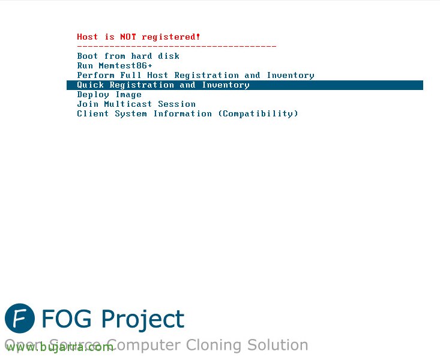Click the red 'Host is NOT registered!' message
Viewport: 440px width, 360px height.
pos(138,37)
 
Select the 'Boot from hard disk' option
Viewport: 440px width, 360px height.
pos(128,56)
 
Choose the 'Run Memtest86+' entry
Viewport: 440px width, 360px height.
pos(115,65)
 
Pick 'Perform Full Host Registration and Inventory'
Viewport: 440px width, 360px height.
pos(196,75)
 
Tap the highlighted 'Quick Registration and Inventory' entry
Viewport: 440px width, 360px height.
pos(163,85)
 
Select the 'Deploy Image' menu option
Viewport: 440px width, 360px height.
pos(109,95)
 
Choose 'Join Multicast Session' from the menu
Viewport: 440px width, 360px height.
pos(136,104)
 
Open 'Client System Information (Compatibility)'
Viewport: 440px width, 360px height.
pos(187,113)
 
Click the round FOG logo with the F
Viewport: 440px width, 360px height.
pos(20,318)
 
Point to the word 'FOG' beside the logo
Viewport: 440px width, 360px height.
pos(67,319)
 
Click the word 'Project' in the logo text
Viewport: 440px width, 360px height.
pos(142,320)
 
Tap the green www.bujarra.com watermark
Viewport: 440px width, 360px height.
pos(60,347)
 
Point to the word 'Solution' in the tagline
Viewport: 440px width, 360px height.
pos(277,345)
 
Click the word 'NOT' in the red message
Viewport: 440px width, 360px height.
pos(128,37)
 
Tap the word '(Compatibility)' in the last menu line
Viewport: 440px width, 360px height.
pos(258,113)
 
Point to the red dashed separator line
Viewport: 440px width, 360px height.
pos(177,46)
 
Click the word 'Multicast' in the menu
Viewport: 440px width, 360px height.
pos(128,104)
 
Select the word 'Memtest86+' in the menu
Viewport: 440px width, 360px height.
pos(125,65)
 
